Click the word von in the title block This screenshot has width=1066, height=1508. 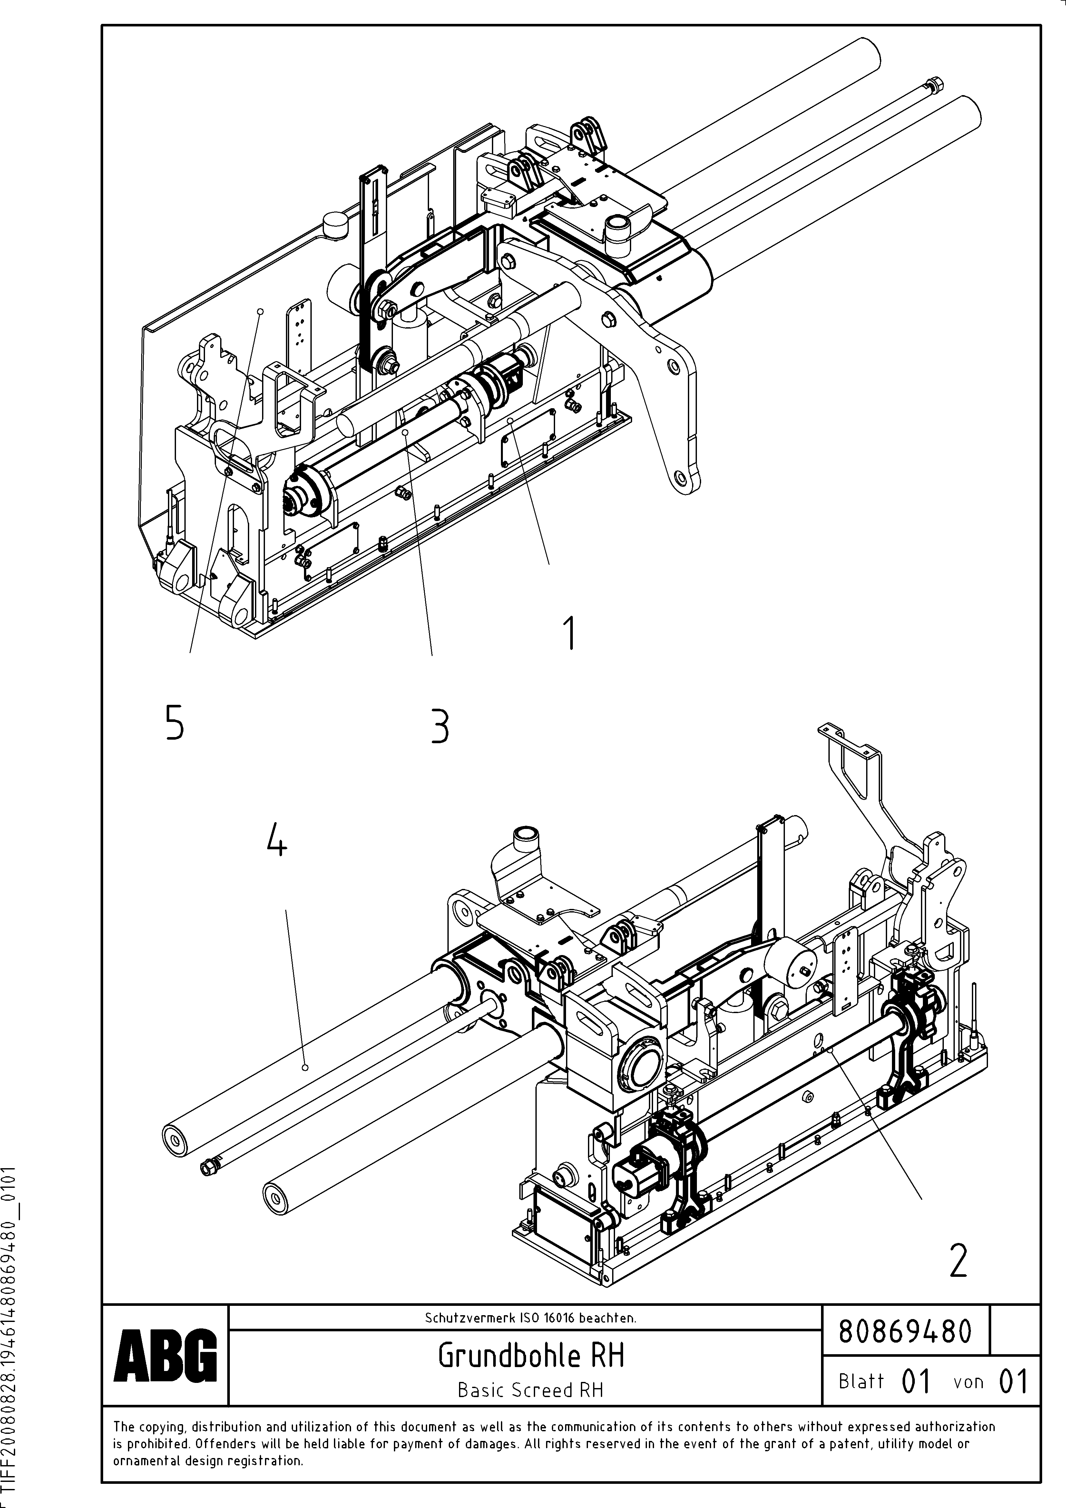pos(968,1382)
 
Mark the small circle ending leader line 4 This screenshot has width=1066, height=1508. pos(305,1068)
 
